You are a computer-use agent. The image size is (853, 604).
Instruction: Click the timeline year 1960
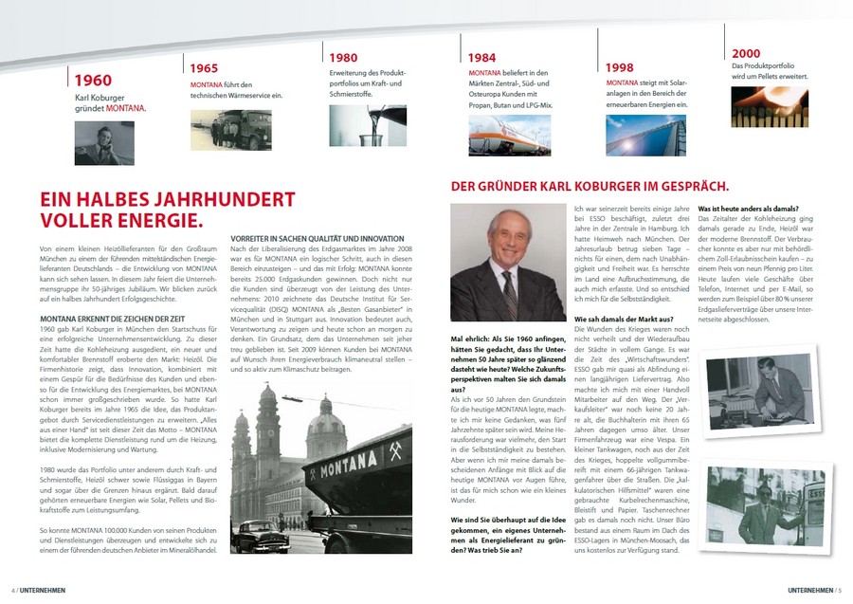[x=93, y=81]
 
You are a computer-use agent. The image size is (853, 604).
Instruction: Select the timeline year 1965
[x=204, y=68]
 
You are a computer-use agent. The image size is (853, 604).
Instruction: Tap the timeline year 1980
[x=342, y=58]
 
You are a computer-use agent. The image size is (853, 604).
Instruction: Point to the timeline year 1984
[x=482, y=58]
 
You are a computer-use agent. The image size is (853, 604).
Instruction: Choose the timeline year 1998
[x=620, y=67]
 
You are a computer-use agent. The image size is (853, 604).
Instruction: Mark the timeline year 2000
[x=746, y=53]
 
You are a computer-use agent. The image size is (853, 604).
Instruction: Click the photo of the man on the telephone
[x=105, y=142]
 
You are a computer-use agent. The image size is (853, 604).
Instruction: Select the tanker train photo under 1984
[x=509, y=134]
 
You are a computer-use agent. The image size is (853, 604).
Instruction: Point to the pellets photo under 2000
[x=769, y=107]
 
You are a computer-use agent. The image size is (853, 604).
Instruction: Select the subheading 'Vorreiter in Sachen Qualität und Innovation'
[x=318, y=238]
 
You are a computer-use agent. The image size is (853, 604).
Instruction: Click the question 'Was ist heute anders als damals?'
[x=748, y=208]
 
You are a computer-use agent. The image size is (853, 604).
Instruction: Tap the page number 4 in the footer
[x=13, y=589]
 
